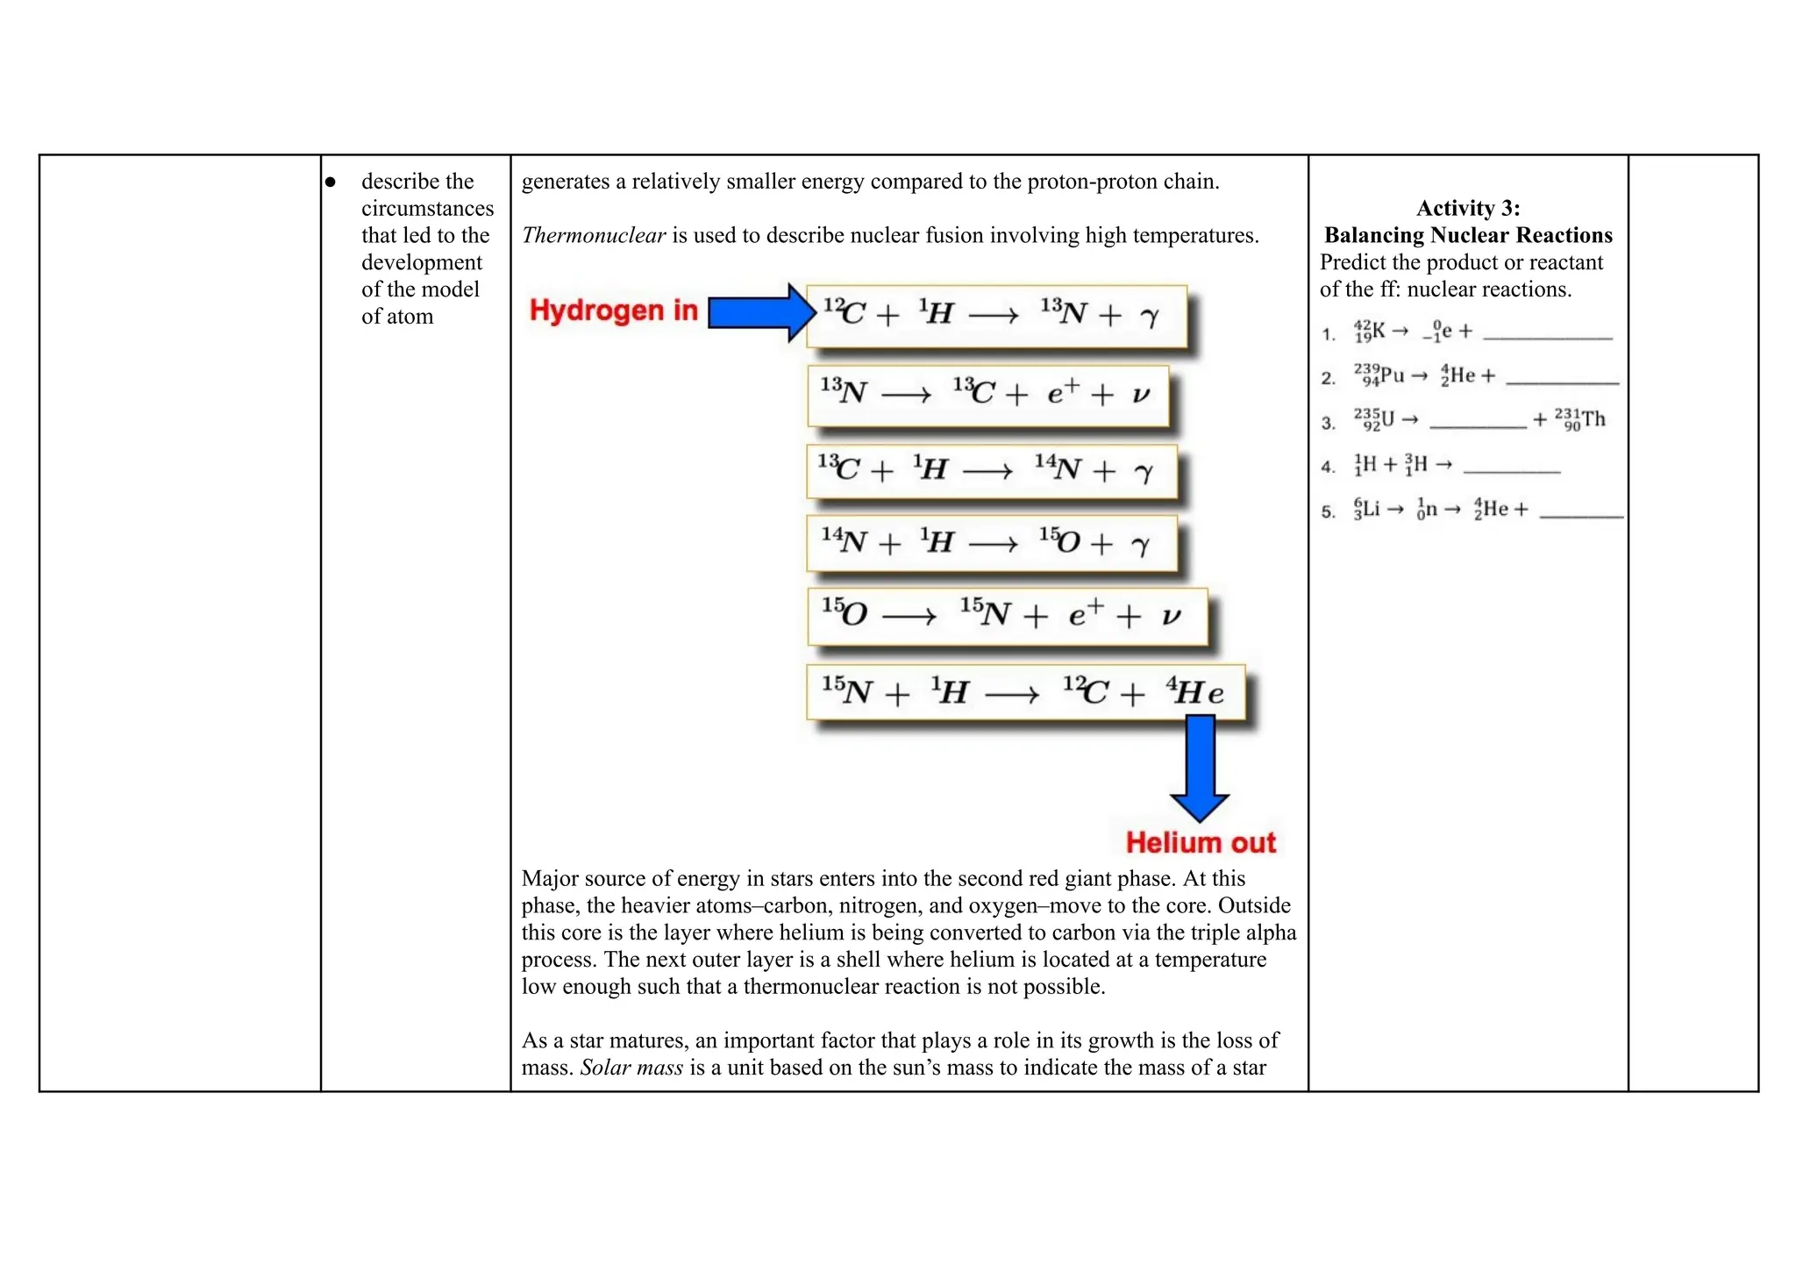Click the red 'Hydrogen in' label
pos(613,311)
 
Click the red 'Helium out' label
pos(1200,843)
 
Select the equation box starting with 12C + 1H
pos(995,315)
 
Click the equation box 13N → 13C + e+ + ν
pos(987,395)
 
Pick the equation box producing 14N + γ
pos(991,471)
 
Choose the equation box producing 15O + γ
pos(991,544)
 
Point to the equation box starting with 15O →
pos(1006,616)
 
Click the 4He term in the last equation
pos(1194,693)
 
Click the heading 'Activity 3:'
pos(1467,208)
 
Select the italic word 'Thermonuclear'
pos(594,235)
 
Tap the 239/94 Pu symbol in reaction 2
pos(1379,375)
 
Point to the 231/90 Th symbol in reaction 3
pos(1580,419)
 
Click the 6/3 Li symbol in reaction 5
pos(1366,509)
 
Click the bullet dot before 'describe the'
pos(331,182)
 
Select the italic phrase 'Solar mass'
pos(631,1068)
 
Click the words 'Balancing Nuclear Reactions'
pos(1467,235)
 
